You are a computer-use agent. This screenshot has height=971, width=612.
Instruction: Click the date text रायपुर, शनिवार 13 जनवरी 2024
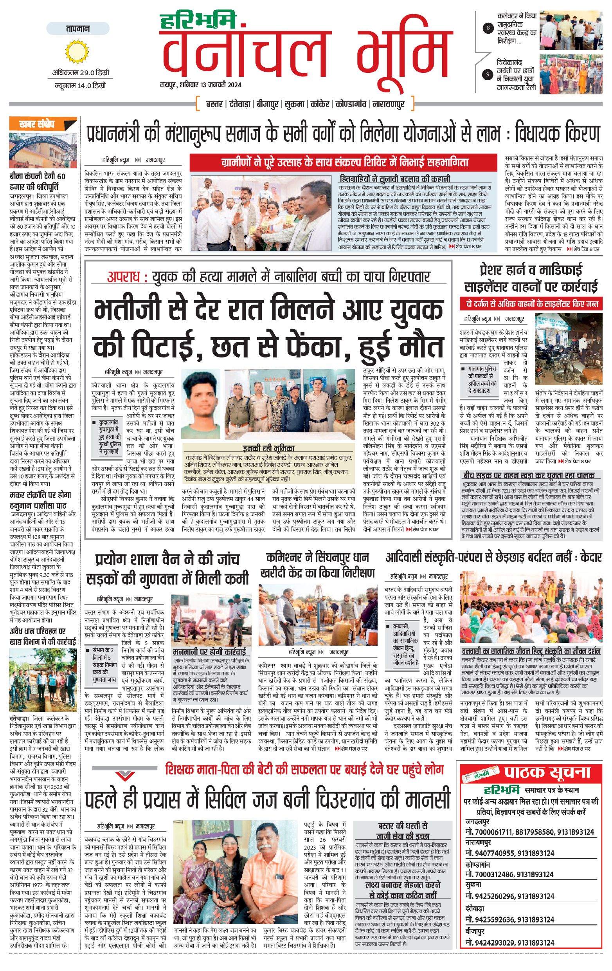coord(200,85)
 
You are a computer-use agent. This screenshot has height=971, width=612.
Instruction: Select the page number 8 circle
coord(488,28)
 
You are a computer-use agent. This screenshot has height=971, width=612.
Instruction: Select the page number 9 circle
coord(488,74)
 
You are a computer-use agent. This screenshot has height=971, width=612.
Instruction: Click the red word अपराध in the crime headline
coord(123,277)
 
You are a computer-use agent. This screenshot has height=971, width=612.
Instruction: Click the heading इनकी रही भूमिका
coord(268,448)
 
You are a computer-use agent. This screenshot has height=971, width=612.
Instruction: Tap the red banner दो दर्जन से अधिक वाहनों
coord(531,304)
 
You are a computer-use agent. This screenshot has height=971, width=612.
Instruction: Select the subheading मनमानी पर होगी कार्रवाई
coord(209,652)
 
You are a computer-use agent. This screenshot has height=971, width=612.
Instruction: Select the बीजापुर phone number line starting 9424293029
coord(509,943)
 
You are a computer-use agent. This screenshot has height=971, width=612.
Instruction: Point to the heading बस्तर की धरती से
coord(403,825)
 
